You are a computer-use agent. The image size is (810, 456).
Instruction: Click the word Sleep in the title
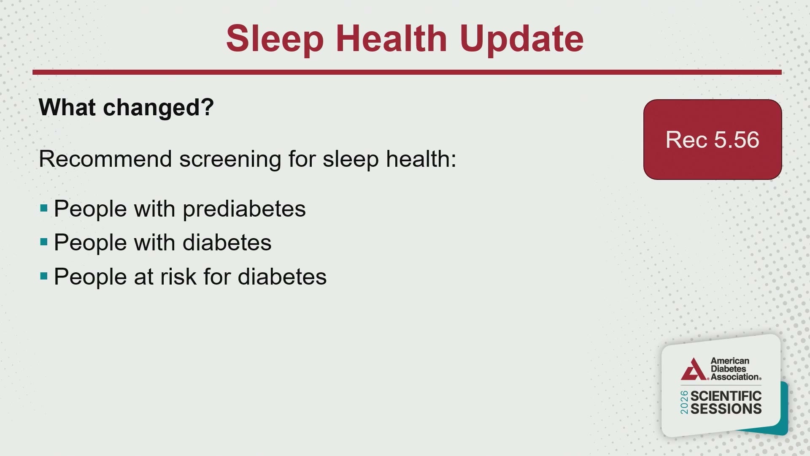pos(275,39)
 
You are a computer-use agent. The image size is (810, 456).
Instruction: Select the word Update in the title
pos(521,39)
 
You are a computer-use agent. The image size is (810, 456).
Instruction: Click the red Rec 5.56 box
pos(713,139)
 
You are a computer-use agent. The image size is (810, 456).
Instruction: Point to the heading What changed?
pos(127,107)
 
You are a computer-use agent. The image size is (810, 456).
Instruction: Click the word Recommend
pos(105,159)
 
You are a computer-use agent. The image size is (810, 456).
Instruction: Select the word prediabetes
pos(244,209)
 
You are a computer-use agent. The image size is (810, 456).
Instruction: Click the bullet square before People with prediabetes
pos(44,208)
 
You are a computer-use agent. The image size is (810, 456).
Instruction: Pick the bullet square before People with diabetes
pos(44,242)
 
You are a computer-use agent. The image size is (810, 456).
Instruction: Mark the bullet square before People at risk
pos(44,276)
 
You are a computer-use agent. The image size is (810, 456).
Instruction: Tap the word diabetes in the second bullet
pos(227,243)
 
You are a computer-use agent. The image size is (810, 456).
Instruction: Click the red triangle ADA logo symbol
pos(693,369)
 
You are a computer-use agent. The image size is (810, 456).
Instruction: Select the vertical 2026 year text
pos(684,402)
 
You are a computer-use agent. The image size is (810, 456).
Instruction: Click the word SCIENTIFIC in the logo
pos(726,396)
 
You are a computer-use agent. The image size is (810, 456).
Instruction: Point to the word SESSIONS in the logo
pos(726,409)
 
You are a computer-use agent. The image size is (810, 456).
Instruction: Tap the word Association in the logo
pos(735,377)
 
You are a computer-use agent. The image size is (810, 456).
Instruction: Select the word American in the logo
pos(730,361)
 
